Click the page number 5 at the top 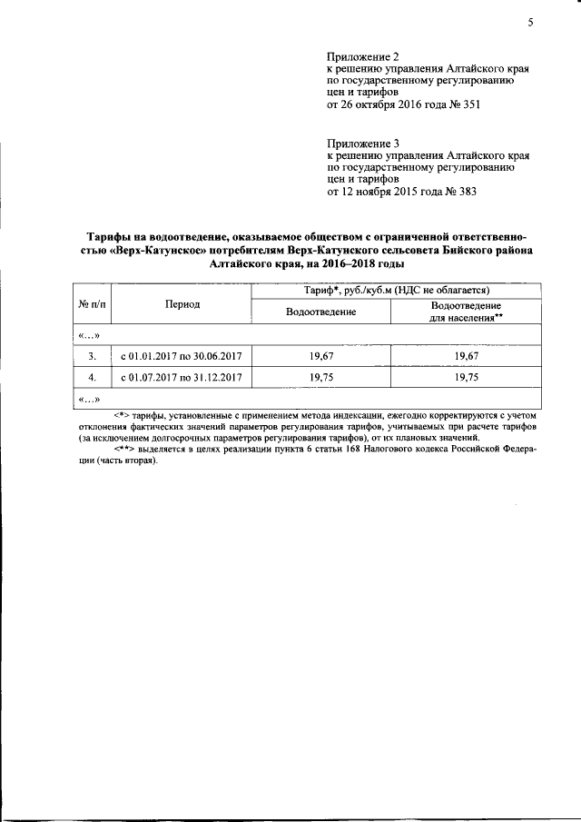tap(529, 24)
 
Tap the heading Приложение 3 tap(362, 144)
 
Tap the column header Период tap(182, 304)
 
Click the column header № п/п tap(92, 304)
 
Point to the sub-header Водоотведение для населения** tap(466, 312)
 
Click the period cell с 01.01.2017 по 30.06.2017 tap(182, 356)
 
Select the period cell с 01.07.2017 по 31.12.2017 tap(182, 377)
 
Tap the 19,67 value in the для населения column tap(466, 356)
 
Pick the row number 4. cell tap(92, 377)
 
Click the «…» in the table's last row tap(90, 399)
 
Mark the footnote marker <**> tap(125, 449)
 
